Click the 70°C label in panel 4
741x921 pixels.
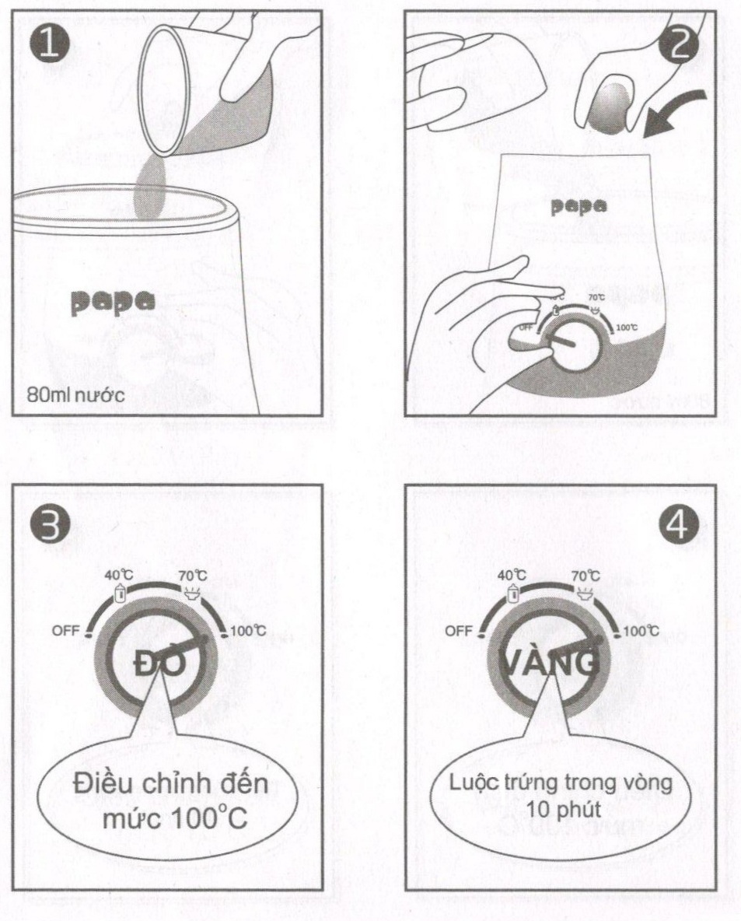pyautogui.click(x=585, y=576)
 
